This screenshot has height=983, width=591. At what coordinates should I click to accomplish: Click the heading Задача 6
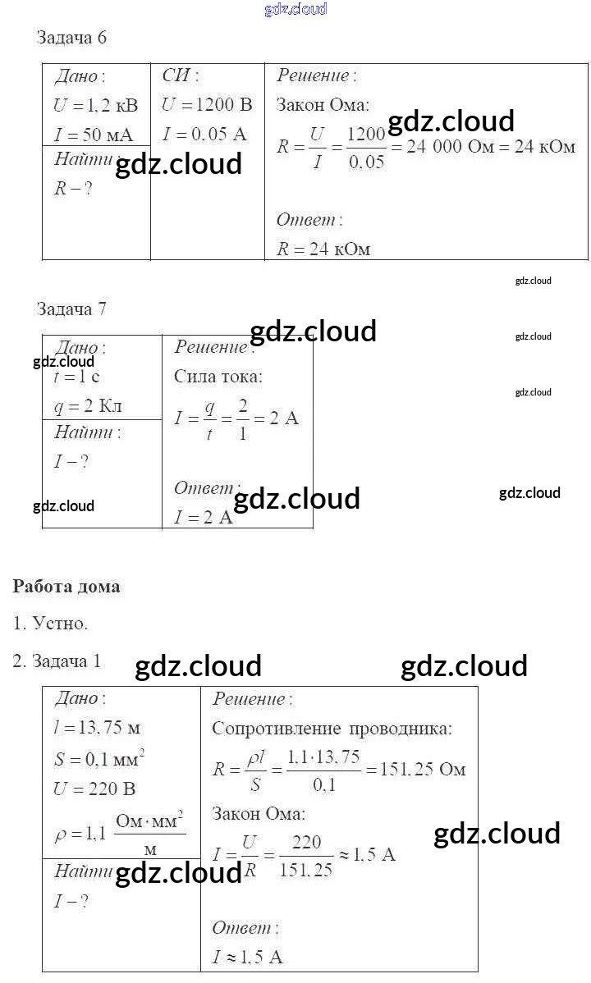(x=72, y=38)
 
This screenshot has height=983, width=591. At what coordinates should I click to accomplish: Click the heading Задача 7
(x=72, y=309)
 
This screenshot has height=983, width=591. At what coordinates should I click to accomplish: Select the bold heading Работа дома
(x=66, y=587)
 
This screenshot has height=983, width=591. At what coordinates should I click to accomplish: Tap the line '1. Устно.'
(x=50, y=624)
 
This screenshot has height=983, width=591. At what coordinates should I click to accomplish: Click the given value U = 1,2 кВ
(x=96, y=105)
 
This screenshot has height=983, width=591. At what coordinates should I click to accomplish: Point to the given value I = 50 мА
(x=94, y=135)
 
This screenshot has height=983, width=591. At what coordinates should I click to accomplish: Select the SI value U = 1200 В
(x=208, y=105)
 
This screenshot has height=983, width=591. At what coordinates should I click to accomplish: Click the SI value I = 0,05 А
(x=204, y=135)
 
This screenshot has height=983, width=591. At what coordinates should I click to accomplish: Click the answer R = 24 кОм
(x=323, y=249)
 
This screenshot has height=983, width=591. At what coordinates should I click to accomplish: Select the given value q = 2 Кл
(x=88, y=406)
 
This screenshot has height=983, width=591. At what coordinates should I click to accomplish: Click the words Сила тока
(x=218, y=377)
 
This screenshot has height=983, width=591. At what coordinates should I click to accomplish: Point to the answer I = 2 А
(x=204, y=518)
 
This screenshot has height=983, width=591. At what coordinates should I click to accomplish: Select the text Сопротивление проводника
(x=332, y=729)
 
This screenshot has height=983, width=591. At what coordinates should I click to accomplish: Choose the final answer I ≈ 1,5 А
(x=247, y=957)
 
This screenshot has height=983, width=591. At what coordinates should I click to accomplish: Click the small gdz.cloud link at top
(x=295, y=9)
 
